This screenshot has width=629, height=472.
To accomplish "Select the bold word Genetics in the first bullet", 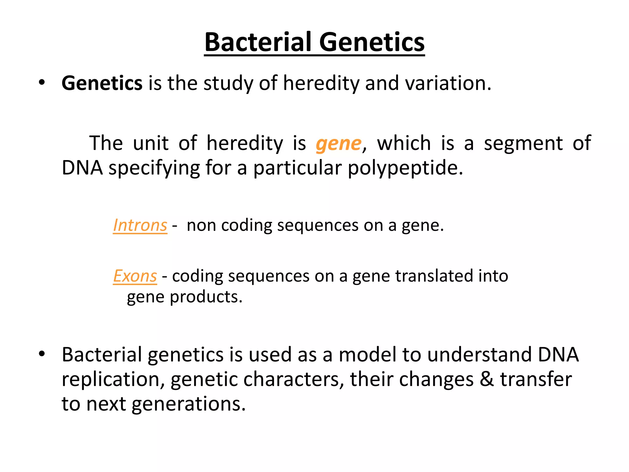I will [102, 83].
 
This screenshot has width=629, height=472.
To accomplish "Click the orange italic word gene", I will [338, 144].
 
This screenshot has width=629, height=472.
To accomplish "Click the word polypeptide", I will [405, 168].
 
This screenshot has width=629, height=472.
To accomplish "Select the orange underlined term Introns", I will [140, 225].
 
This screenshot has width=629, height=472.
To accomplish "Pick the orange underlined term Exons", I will [135, 276].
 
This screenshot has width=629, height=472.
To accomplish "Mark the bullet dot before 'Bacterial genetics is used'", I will [42, 354].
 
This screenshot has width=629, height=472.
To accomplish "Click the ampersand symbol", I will [486, 379].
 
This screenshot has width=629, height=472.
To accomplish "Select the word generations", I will [189, 404].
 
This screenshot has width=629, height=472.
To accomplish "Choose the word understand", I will [480, 355].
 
